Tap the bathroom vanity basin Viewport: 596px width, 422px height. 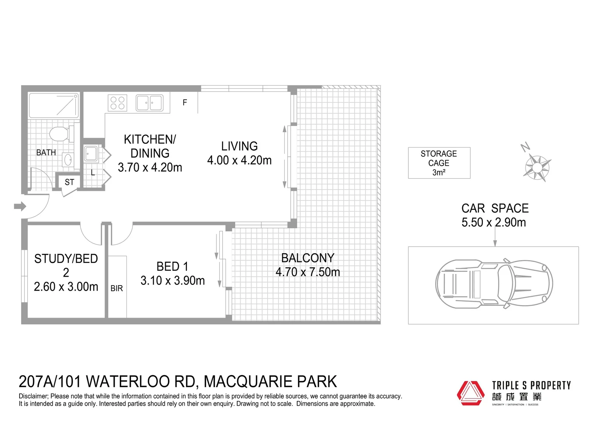pos(68,160)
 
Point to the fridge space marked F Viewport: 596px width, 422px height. pos(184,102)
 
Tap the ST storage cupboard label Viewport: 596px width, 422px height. pos(69,182)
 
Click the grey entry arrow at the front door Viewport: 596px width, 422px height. pos(20,206)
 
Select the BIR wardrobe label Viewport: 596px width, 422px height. pos(117,288)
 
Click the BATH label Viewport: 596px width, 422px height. pos(46,152)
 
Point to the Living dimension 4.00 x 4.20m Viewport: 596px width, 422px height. pos(239,160)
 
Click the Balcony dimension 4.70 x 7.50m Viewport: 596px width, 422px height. pos(308,272)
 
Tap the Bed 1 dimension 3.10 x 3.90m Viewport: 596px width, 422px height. pos(172,281)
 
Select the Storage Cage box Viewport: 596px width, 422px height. pos(439,163)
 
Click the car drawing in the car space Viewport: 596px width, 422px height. pos(494,283)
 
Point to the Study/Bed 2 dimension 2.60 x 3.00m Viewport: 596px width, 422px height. pos(66,287)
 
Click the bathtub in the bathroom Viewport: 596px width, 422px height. pos(54,105)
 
